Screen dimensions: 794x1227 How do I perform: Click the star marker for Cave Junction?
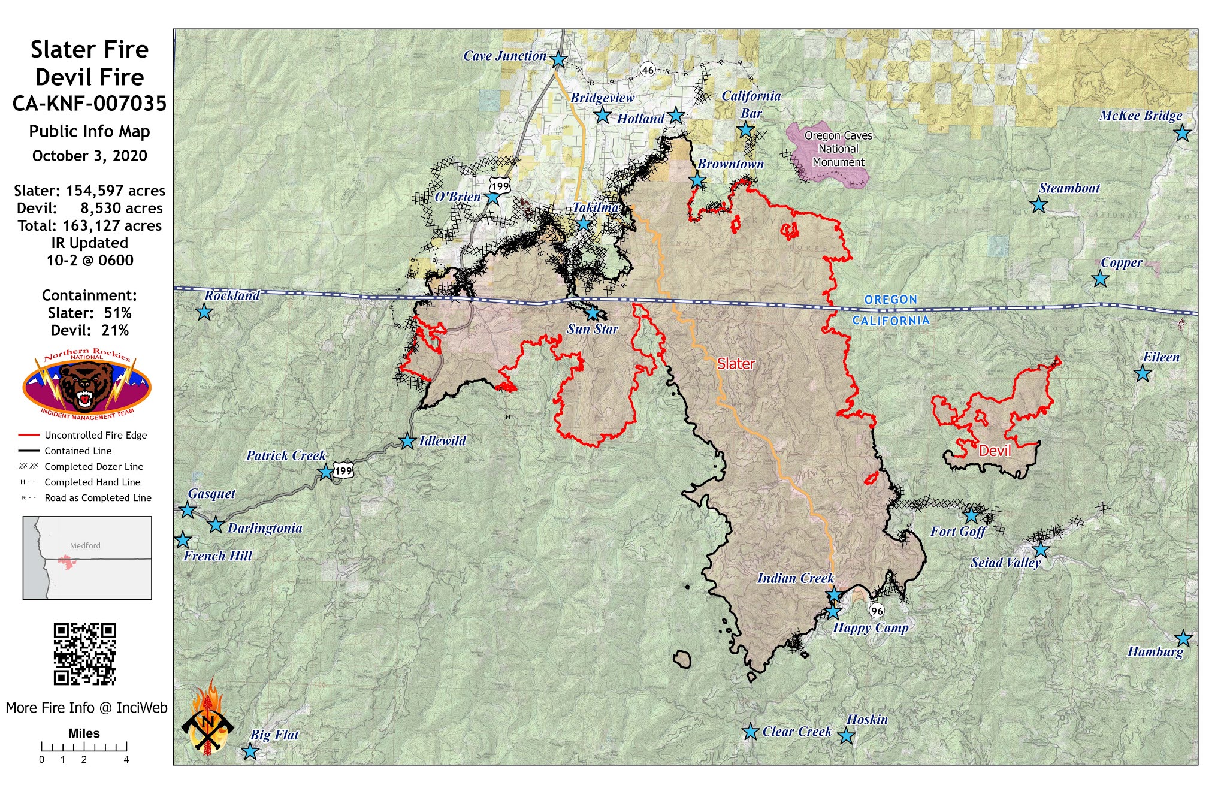[558, 59]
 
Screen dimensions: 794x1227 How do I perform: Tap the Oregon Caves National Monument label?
[838, 149]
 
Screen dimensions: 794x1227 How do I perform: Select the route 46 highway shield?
[648, 70]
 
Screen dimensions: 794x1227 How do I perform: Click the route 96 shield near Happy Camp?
[877, 611]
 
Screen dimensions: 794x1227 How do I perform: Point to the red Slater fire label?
[736, 364]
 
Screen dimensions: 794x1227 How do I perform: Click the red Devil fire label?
[995, 451]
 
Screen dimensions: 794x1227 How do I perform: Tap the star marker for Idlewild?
[407, 441]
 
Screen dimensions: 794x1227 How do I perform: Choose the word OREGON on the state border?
[890, 299]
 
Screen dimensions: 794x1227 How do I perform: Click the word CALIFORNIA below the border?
[890, 321]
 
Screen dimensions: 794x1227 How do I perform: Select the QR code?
[84, 654]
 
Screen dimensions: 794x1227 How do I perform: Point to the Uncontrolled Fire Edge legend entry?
[95, 435]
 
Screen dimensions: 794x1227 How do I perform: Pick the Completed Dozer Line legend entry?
[93, 466]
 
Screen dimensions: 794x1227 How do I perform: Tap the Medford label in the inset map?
[85, 545]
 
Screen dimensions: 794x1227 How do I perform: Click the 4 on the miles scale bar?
[126, 759]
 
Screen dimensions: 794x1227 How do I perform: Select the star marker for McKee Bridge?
[1181, 133]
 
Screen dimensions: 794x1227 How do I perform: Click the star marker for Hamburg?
[1183, 638]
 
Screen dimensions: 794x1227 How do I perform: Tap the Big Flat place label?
[274, 735]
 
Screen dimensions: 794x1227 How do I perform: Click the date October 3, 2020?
[89, 156]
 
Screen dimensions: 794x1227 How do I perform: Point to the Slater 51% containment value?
[117, 313]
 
